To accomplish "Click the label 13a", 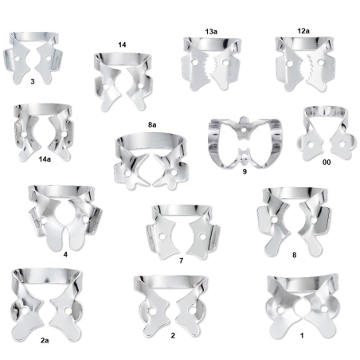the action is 211,32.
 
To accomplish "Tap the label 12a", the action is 303,31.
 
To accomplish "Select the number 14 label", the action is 122,45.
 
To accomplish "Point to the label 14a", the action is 45,159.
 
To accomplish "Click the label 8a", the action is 152,125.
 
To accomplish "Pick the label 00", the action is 327,162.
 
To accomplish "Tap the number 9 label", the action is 245,171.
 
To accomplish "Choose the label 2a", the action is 45,340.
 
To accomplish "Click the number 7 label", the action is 182,260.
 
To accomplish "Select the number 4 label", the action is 65,254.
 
